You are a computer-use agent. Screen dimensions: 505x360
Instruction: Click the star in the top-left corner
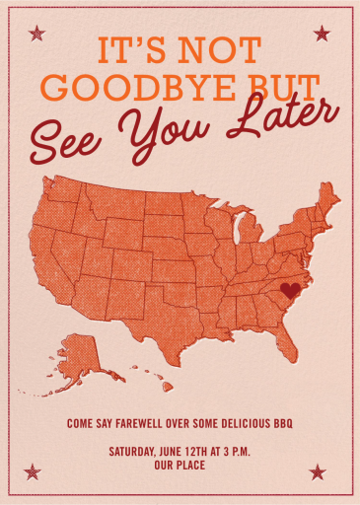[37, 34]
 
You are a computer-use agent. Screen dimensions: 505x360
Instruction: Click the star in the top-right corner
[322, 34]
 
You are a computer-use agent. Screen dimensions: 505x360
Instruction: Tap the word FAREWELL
[133, 423]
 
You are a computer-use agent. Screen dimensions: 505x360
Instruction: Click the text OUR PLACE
[180, 465]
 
